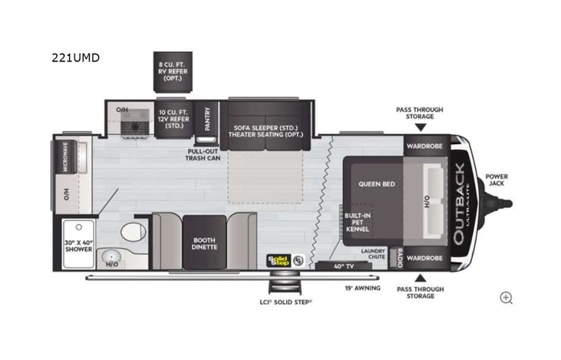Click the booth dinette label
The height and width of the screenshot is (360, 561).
coord(204,242)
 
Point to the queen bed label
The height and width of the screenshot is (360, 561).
coord(377,184)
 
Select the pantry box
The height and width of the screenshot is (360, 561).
coord(206,119)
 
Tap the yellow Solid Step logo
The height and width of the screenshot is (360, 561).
coord(278,260)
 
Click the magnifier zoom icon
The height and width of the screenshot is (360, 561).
coord(506,297)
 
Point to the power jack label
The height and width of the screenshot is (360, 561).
coord(497,181)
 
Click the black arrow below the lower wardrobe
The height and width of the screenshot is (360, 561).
coord(420,278)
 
